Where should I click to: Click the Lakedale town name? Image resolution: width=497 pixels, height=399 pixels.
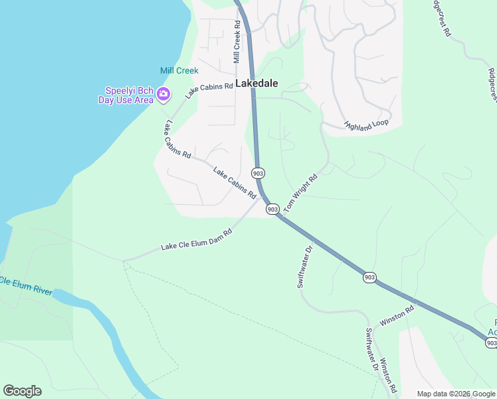click(x=256, y=84)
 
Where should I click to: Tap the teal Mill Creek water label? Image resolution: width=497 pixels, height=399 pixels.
click(x=179, y=70)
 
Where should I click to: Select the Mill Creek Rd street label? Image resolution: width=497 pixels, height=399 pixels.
click(x=237, y=41)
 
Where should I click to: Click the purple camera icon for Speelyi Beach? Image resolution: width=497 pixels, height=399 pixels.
click(x=163, y=96)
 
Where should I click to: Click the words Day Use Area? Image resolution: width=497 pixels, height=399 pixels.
click(x=126, y=100)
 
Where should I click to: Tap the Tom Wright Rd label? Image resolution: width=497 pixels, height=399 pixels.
click(x=301, y=194)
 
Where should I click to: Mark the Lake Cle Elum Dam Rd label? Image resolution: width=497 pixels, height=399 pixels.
click(x=196, y=241)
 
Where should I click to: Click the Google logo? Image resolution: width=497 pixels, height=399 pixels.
click(x=22, y=391)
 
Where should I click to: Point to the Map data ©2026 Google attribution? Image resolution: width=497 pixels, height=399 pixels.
click(x=456, y=394)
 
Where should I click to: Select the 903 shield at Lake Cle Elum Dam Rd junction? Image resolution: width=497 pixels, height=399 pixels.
click(x=272, y=209)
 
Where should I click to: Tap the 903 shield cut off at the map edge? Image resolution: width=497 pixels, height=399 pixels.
click(x=491, y=342)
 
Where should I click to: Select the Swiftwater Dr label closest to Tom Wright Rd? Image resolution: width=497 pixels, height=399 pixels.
click(x=304, y=267)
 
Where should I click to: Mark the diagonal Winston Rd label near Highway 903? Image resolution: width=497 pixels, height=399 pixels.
click(x=397, y=316)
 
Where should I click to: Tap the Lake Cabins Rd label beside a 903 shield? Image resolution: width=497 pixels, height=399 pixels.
click(x=235, y=184)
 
